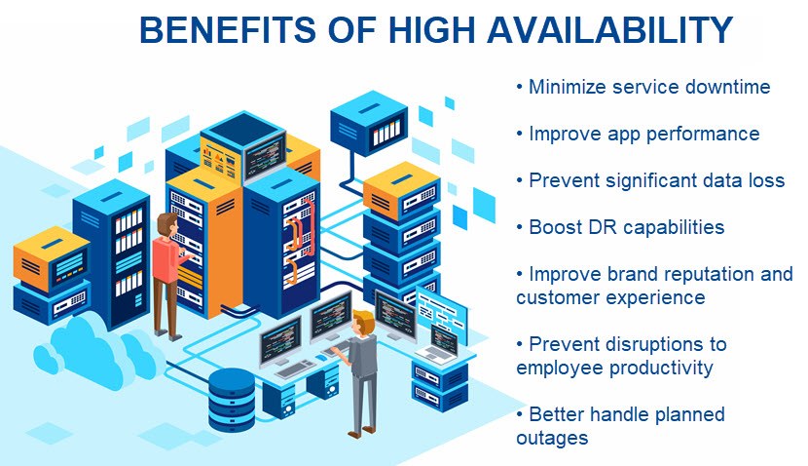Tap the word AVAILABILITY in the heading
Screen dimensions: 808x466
coord(609,30)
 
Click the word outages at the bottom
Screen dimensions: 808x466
coord(552,438)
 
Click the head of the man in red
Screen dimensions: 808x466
coord(167,224)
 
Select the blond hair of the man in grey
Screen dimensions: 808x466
coord(364,319)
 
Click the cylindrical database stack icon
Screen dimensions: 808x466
coord(232,399)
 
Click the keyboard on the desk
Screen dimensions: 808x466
coord(295,368)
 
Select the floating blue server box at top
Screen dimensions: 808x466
coord(370,123)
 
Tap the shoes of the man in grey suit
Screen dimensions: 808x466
coord(361,432)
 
